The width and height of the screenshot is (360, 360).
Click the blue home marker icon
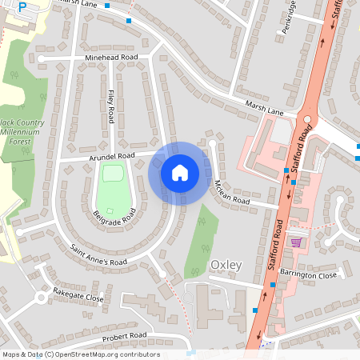[x=179, y=172]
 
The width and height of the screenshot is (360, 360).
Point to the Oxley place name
[x=225, y=265]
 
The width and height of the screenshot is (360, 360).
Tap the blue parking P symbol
[x=22, y=6]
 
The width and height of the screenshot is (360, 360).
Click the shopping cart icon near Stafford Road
[x=296, y=242]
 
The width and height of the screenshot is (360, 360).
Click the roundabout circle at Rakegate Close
[x=40, y=298]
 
